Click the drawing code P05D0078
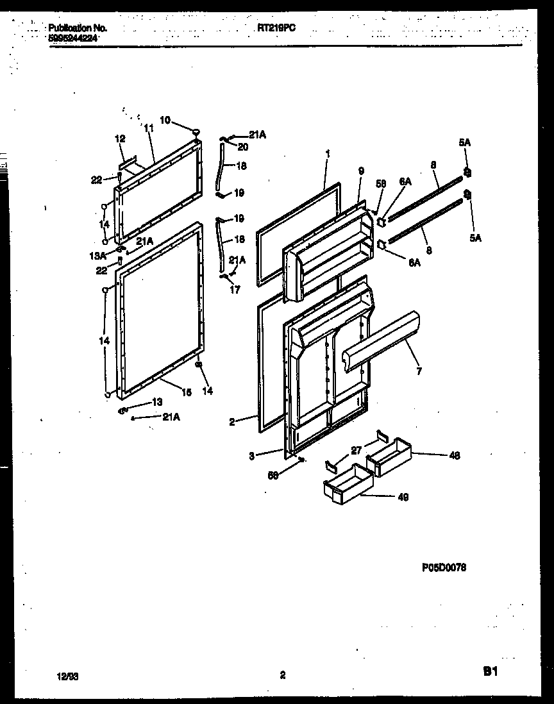click(x=444, y=567)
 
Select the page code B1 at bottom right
click(x=490, y=672)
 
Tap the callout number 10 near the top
click(x=165, y=120)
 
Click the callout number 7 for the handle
click(x=419, y=371)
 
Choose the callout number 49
click(x=402, y=496)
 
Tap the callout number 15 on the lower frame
click(x=186, y=393)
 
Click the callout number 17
click(x=235, y=290)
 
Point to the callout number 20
click(x=242, y=146)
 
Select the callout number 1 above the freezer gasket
click(x=328, y=154)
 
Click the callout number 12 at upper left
click(x=120, y=138)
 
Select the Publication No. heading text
click(x=78, y=28)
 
